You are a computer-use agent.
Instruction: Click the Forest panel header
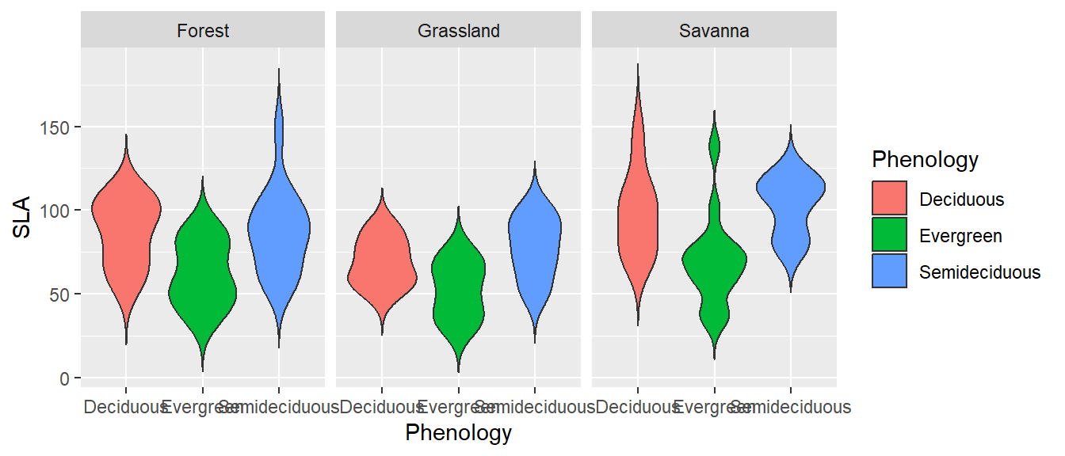[203, 31]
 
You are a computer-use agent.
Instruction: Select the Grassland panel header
[459, 31]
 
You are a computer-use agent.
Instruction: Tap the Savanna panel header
[714, 31]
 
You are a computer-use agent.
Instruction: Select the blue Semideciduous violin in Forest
[279, 230]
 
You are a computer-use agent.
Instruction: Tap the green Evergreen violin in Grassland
[459, 285]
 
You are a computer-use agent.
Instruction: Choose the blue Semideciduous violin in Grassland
[535, 237]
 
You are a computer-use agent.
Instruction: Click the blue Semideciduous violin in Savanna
[791, 198]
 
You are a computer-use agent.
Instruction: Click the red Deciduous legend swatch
[890, 198]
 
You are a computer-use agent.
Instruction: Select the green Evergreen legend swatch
[890, 235]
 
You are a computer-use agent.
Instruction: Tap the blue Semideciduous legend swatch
[890, 272]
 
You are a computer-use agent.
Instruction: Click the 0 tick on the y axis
[67, 378]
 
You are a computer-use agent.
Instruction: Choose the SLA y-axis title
[23, 215]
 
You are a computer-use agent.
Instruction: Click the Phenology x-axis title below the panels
[458, 433]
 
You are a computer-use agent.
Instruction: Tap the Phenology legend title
[925, 160]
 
